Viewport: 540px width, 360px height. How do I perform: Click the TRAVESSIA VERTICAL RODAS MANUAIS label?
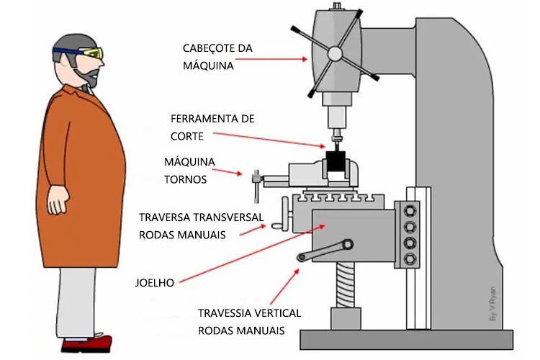(x=249, y=322)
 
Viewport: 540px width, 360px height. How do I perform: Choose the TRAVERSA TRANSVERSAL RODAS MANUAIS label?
(x=201, y=225)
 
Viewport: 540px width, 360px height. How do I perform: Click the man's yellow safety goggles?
(x=91, y=53)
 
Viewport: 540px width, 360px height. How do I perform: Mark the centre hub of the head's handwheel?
(x=333, y=54)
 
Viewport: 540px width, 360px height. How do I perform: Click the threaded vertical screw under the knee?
(x=346, y=285)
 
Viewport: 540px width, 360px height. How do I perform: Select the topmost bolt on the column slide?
(x=411, y=211)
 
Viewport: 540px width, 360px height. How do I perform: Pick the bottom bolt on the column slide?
(x=411, y=258)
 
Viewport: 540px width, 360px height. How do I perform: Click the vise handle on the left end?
(x=256, y=186)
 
